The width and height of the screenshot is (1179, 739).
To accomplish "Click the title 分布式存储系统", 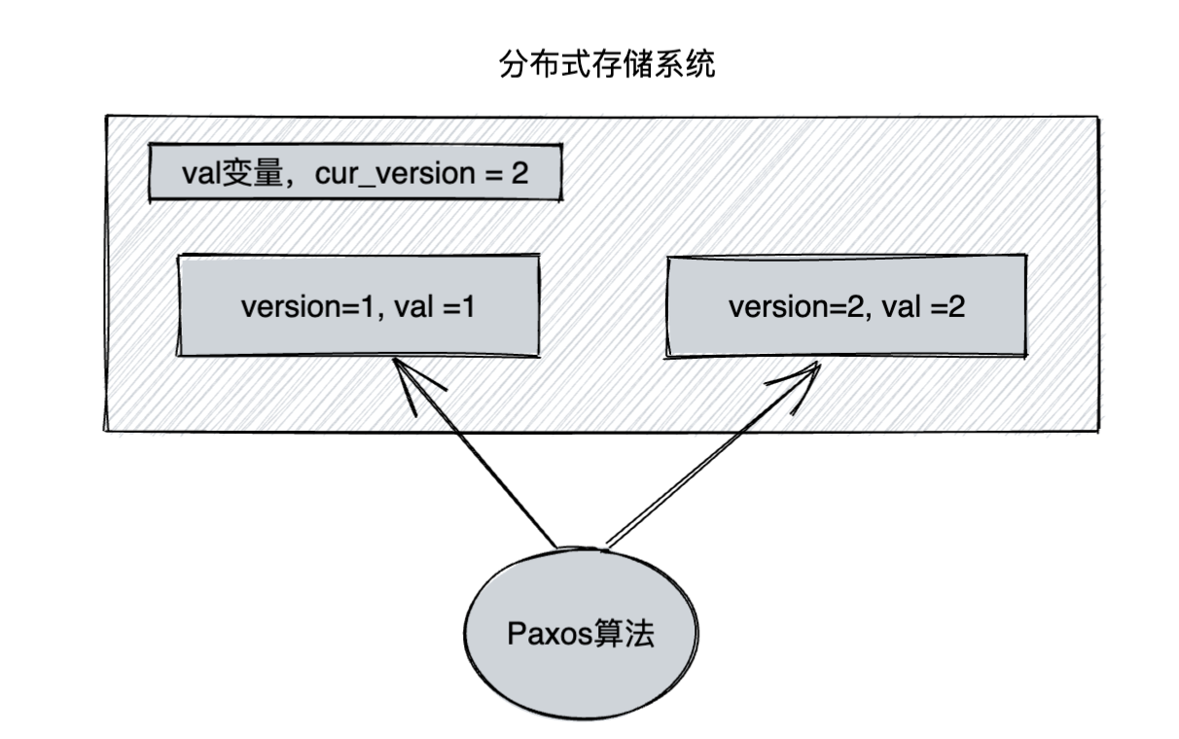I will (606, 65).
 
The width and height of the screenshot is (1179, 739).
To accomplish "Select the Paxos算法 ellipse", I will (581, 635).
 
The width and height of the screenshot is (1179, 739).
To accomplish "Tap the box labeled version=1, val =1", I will (357, 306).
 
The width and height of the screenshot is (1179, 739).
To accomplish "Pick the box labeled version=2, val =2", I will (845, 306).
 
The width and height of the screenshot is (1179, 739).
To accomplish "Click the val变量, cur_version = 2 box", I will (355, 174).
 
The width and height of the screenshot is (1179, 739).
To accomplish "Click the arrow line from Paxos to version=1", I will (477, 457).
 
